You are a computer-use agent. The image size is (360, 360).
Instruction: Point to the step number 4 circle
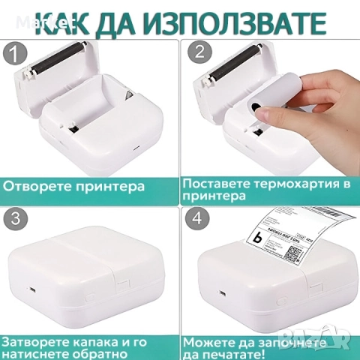click(198, 218)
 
